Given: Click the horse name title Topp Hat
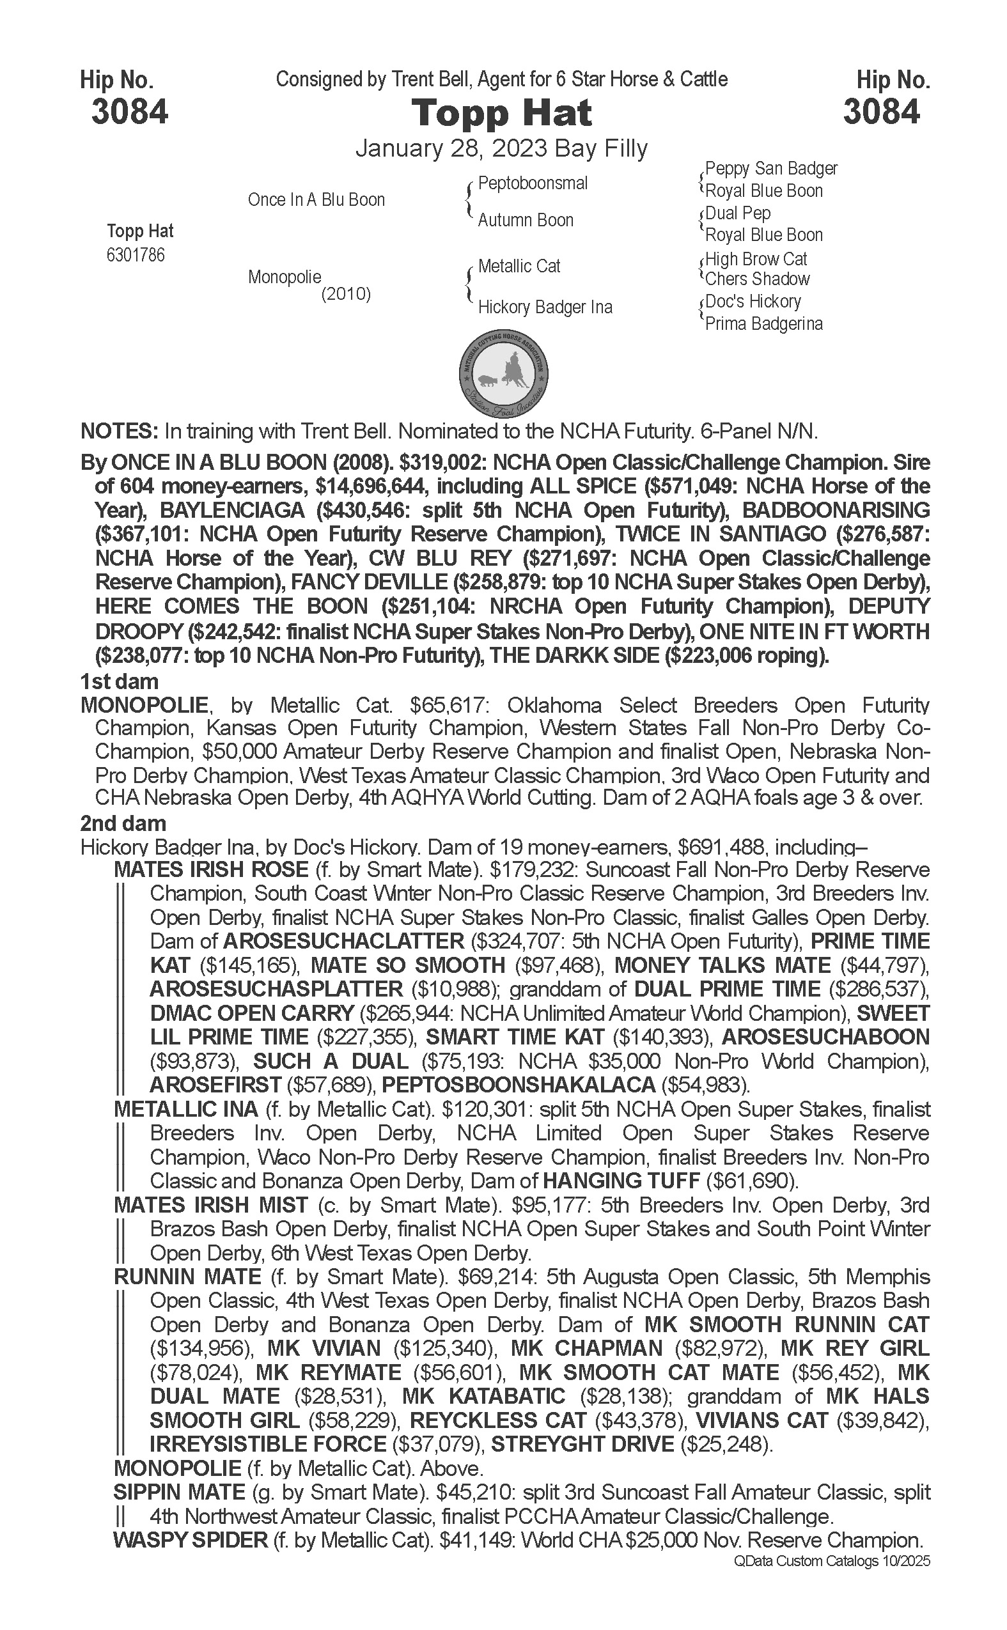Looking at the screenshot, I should pos(501,113).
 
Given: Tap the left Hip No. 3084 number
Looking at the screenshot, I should pos(129,112).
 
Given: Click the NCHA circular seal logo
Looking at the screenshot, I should pos(504,373).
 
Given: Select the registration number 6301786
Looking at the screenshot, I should pos(135,255).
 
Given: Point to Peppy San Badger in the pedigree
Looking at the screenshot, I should pos(771,169).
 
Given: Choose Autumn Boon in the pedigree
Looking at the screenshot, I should pos(526,221).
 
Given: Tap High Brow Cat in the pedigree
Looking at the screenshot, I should pos(756,259).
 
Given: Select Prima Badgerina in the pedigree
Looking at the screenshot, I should pos(764,324).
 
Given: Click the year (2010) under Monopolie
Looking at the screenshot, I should pos(346,293).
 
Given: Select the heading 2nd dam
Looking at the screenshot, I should pos(123,824).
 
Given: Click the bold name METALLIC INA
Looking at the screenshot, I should pos(186,1109).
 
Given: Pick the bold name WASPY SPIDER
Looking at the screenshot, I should pos(191,1541).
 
